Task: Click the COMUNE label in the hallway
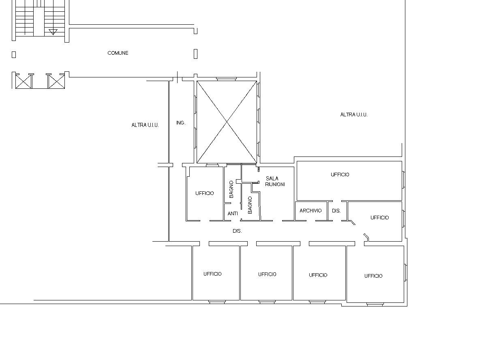click(x=118, y=53)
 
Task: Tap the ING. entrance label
click(x=181, y=123)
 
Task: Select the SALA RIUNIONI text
click(x=275, y=181)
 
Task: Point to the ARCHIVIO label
click(x=311, y=211)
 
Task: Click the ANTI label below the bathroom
click(x=233, y=213)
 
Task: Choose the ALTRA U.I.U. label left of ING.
click(x=145, y=125)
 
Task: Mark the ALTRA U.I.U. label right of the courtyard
click(x=354, y=115)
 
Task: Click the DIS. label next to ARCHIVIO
click(x=336, y=211)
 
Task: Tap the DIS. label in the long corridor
click(x=237, y=231)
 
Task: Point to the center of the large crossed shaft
click(x=227, y=122)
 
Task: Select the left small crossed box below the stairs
click(x=24, y=81)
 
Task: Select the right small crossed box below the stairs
click(x=56, y=81)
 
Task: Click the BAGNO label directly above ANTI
click(x=231, y=189)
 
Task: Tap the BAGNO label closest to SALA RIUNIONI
click(x=250, y=205)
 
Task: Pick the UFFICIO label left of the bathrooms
click(x=204, y=193)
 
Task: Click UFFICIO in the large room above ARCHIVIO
click(x=340, y=175)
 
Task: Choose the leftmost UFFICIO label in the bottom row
click(x=212, y=274)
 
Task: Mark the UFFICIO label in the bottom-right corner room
click(x=373, y=276)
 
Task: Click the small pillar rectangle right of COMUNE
click(x=195, y=54)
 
